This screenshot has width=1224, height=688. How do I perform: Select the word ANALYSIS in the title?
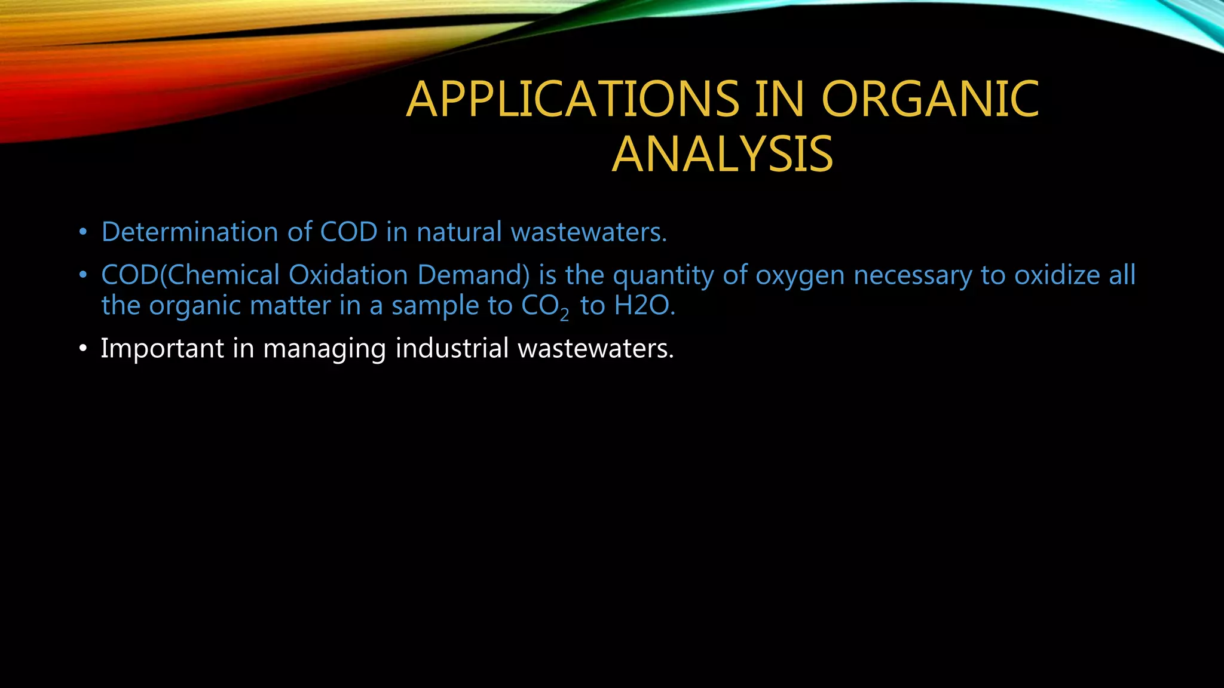[x=722, y=155]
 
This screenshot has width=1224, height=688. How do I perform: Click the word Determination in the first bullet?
[x=189, y=232]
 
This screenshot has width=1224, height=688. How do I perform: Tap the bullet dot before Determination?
[x=83, y=232]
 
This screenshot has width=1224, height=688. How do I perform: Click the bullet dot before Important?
[x=83, y=348]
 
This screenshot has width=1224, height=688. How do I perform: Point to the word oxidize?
[x=1057, y=275]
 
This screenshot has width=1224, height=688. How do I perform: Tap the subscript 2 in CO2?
[x=564, y=314]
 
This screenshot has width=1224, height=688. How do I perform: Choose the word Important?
[x=162, y=348]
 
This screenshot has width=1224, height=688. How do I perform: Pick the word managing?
[x=325, y=349]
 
